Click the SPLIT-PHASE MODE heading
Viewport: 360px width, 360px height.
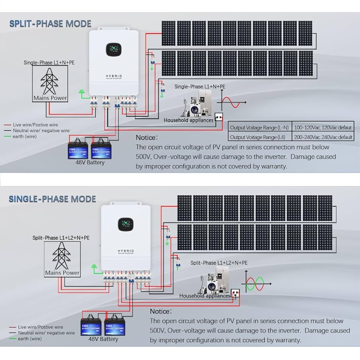click(x=50, y=24)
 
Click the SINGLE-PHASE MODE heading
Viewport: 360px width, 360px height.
click(x=52, y=199)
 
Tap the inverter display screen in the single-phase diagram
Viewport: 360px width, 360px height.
click(x=126, y=225)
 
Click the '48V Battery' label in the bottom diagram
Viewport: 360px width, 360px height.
click(x=103, y=339)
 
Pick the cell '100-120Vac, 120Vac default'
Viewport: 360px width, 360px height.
click(x=323, y=128)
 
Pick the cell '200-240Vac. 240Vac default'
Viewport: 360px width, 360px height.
click(x=323, y=137)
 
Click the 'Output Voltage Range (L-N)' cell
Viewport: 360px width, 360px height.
click(x=259, y=128)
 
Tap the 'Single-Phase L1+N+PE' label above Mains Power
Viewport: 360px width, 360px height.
click(x=49, y=63)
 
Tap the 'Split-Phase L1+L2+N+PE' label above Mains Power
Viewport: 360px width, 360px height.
click(x=61, y=238)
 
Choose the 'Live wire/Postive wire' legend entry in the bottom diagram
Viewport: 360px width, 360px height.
click(x=41, y=327)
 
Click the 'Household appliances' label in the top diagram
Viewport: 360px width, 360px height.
click(x=188, y=120)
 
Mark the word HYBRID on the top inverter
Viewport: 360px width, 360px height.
click(x=114, y=76)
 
